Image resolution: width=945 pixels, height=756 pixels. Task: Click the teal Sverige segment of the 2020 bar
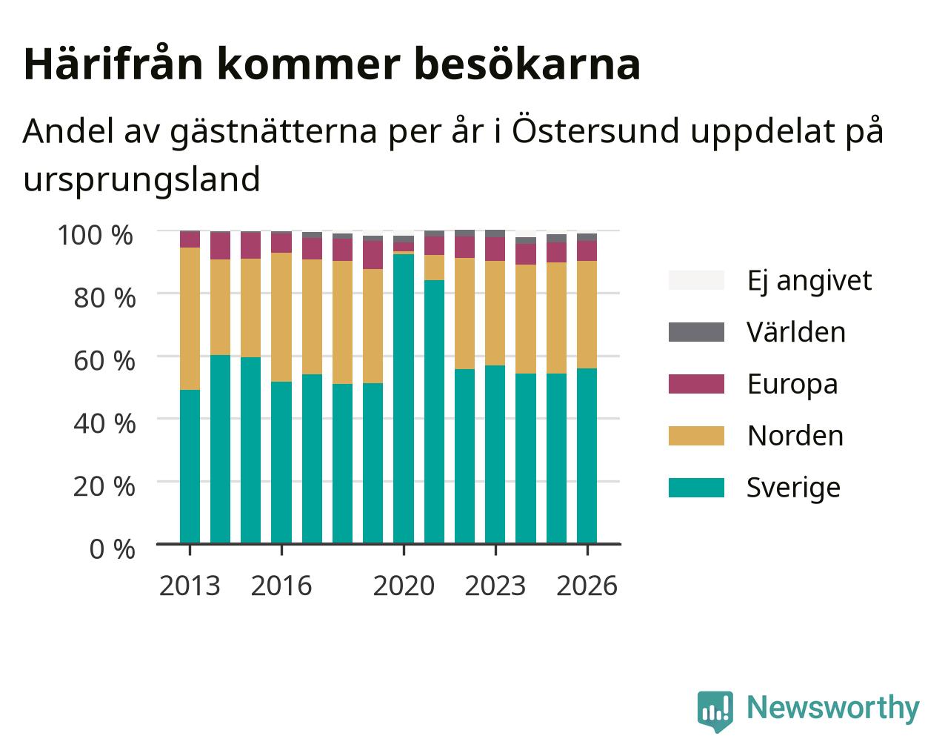click(x=404, y=399)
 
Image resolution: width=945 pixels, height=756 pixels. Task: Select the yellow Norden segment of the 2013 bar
click(x=190, y=319)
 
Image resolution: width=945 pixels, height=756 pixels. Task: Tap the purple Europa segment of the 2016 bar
click(x=281, y=242)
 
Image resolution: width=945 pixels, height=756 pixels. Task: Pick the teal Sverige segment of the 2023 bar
click(x=495, y=455)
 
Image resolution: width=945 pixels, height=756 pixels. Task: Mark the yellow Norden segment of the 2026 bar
click(x=587, y=315)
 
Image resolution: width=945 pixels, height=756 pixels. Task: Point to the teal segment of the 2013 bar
click(x=190, y=467)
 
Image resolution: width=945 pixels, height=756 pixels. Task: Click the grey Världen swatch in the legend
click(x=696, y=332)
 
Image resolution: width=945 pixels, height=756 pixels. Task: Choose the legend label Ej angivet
click(x=809, y=280)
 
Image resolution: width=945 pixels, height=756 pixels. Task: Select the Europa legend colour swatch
click(x=696, y=384)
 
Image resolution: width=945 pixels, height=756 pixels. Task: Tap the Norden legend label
click(x=795, y=436)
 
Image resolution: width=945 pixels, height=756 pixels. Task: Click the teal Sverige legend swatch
click(x=696, y=488)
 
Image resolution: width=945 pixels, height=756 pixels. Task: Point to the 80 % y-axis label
click(x=104, y=298)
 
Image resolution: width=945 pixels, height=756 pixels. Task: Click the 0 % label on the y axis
click(x=112, y=549)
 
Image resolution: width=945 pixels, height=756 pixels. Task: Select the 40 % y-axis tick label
click(x=104, y=424)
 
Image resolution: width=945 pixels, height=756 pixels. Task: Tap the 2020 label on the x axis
click(x=404, y=586)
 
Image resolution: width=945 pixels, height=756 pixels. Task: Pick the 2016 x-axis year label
click(x=281, y=586)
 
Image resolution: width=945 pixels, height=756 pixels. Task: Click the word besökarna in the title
click(x=527, y=64)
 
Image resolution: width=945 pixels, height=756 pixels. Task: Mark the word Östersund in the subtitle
click(x=596, y=130)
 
